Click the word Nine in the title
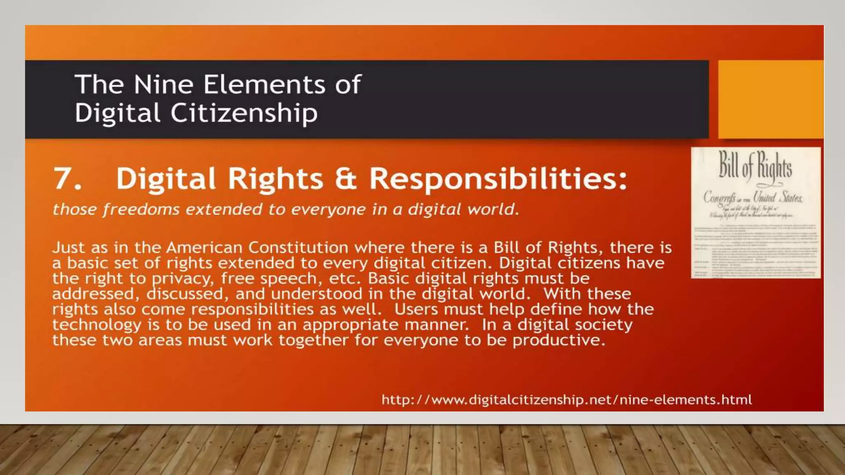[163, 85]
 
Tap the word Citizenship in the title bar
[244, 113]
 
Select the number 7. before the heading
[67, 179]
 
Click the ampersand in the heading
[345, 179]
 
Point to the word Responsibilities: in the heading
[498, 179]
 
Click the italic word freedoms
[141, 209]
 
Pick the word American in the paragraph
[204, 247]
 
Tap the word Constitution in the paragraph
[298, 247]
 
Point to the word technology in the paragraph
[97, 325]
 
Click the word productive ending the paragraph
[558, 340]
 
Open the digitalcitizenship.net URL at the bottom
[566, 400]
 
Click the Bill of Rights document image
[755, 212]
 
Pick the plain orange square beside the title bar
[770, 99]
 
